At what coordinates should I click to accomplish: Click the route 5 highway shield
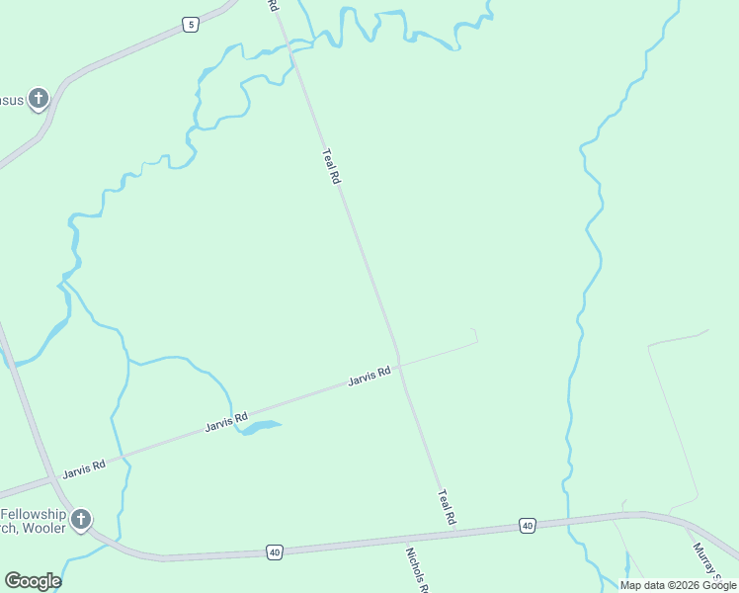coord(191,25)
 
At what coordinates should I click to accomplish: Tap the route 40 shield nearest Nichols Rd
coord(274,551)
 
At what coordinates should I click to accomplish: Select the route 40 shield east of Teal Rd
coord(528,526)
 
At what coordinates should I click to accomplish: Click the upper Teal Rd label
coord(331,166)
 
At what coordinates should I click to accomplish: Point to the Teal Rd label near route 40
coord(447,507)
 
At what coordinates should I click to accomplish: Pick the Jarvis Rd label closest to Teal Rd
coord(369,377)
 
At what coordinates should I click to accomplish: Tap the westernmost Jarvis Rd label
coord(83,468)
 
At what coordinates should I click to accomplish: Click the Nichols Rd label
coord(417,570)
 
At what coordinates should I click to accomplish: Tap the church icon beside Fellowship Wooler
coord(81,519)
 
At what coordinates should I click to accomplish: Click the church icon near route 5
coord(38,98)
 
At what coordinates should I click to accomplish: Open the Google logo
coord(33,581)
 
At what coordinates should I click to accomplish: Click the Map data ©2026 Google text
coord(679,585)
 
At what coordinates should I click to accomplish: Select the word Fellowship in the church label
coord(33,515)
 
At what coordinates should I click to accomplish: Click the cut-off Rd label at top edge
coord(273,6)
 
